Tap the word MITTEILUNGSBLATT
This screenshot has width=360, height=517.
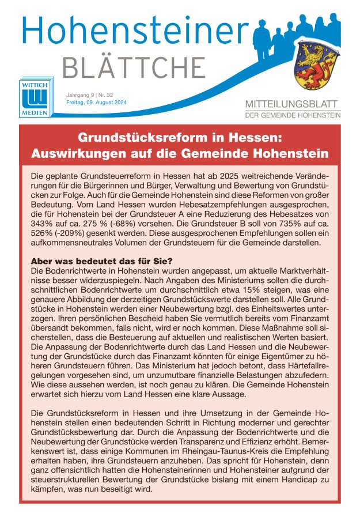tap(293, 105)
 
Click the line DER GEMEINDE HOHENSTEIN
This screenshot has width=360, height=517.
tap(293, 115)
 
